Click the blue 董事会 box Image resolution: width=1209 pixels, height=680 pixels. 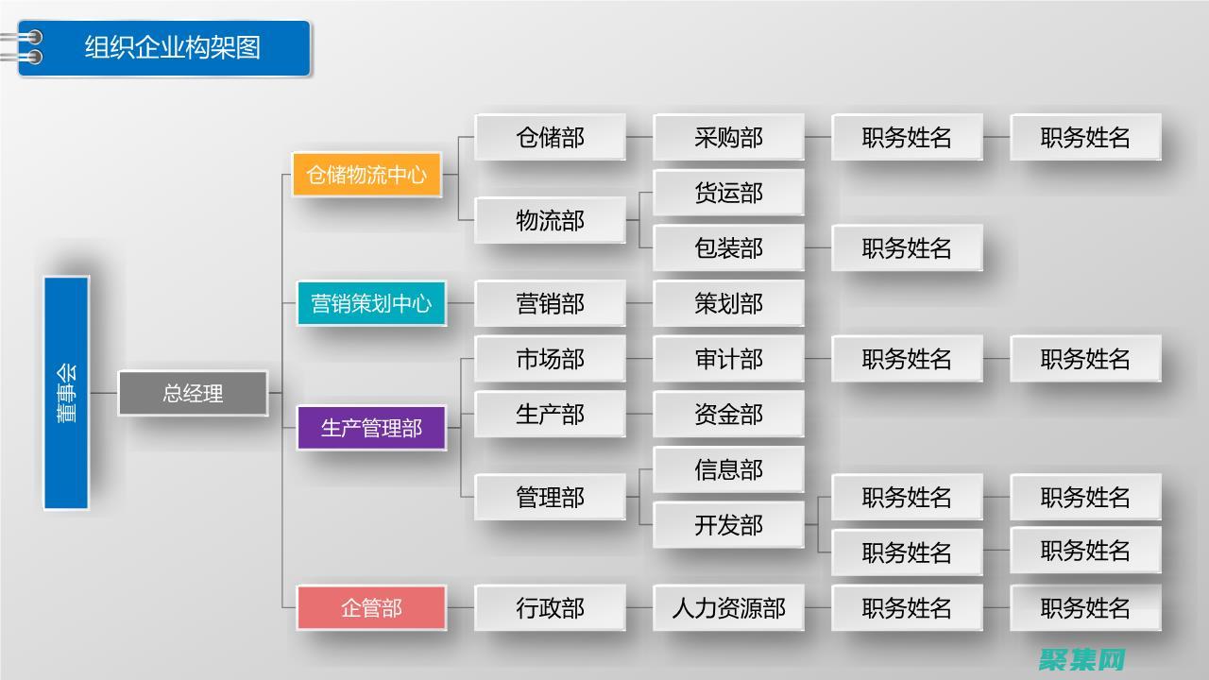pos(66,393)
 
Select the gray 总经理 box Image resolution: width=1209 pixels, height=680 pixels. pos(193,393)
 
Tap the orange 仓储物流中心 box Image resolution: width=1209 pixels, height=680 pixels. pos(366,175)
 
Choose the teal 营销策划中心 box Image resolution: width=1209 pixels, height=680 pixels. pos(371,303)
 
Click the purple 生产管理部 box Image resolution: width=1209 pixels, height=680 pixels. pos(371,428)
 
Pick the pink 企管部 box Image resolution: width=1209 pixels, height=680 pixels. pos(371,607)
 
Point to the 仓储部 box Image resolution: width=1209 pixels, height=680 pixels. pos(550,138)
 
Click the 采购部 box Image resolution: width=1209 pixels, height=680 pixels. pos(728,138)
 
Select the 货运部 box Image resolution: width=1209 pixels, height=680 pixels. pos(728,193)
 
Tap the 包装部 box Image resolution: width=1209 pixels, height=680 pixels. pos(728,248)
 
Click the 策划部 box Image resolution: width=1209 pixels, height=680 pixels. pos(728,303)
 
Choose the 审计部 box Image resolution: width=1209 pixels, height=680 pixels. pos(728,359)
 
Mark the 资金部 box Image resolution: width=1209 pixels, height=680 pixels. pos(728,414)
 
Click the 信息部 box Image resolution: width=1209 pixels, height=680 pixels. pos(728,469)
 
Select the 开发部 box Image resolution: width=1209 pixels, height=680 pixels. pos(728,525)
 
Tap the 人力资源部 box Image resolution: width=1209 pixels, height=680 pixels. pos(728,607)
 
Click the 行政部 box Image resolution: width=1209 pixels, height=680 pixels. pos(550,607)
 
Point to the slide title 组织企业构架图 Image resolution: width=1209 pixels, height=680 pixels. pos(173,47)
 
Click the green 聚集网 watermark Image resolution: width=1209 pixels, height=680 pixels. pos(1082,658)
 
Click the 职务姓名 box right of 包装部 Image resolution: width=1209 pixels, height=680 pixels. pos(907,248)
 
